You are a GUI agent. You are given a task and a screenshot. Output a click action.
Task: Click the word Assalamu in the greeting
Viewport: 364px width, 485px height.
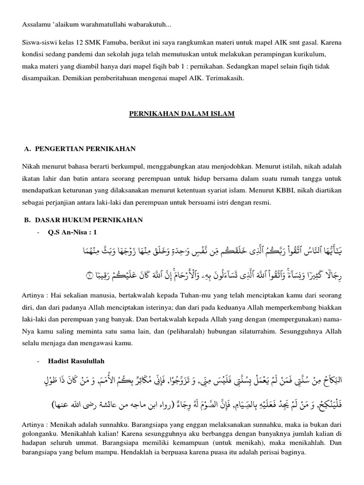[36, 24]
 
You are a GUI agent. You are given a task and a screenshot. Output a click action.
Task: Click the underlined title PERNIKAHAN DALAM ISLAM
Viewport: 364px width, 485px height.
[182, 115]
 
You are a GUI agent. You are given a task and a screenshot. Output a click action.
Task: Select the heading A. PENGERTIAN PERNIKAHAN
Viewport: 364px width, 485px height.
[80, 149]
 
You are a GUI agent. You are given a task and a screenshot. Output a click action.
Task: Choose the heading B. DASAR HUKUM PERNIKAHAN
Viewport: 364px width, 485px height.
[83, 220]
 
